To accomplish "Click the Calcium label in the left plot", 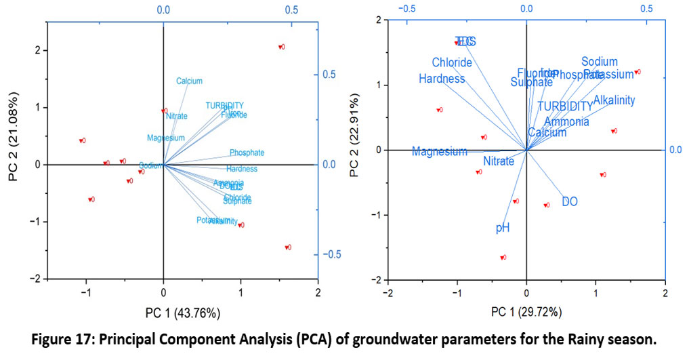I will pyautogui.click(x=189, y=81).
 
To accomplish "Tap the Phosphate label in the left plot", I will pyautogui.click(x=247, y=153).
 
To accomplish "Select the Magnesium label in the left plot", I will pyautogui.click(x=165, y=138).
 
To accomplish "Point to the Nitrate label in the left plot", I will pyautogui.click(x=176, y=117).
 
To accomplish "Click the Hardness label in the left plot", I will pyautogui.click(x=242, y=169).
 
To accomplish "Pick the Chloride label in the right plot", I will pyautogui.click(x=452, y=63).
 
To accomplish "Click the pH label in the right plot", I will pyautogui.click(x=503, y=228).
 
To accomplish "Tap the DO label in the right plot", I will pyautogui.click(x=570, y=201).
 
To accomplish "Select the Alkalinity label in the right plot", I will pyautogui.click(x=614, y=100).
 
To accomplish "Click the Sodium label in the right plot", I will pyautogui.click(x=600, y=62).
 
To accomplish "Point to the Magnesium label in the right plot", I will pyautogui.click(x=440, y=152).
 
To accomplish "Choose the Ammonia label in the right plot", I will pyautogui.click(x=566, y=122).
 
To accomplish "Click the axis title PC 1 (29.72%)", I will pyautogui.click(x=526, y=313).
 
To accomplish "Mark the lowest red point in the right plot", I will pyautogui.click(x=502, y=258).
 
